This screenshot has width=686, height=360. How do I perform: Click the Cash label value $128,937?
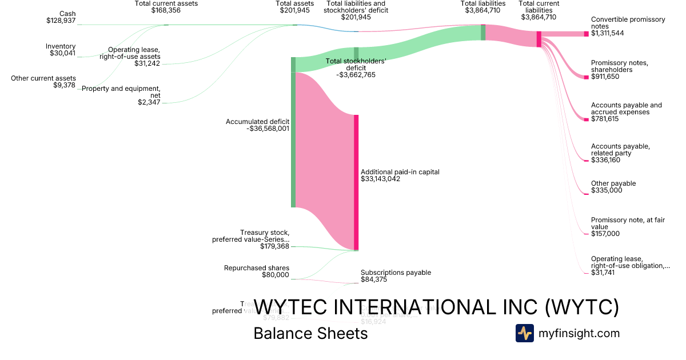click(x=61, y=21)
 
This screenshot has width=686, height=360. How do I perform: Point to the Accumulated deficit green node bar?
click(x=293, y=132)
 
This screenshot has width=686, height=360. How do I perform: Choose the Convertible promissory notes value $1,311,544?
click(x=607, y=33)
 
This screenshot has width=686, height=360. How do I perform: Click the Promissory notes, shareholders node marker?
click(x=586, y=77)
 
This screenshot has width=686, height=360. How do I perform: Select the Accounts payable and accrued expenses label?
click(x=627, y=109)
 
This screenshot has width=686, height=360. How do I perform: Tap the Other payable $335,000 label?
click(x=613, y=187)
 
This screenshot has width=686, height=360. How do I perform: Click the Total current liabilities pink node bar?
click(x=539, y=39)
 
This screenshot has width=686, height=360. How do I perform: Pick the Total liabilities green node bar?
click(x=483, y=32)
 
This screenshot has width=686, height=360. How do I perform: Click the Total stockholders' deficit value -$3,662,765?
click(x=356, y=75)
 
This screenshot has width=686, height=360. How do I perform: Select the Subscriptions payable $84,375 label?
click(x=396, y=276)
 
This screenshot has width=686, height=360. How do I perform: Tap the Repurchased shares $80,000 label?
click(x=257, y=271)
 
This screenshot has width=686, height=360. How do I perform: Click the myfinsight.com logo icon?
click(x=524, y=333)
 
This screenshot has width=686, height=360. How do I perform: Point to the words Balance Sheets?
click(x=310, y=333)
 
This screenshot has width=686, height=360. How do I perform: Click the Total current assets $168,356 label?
click(x=165, y=7)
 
